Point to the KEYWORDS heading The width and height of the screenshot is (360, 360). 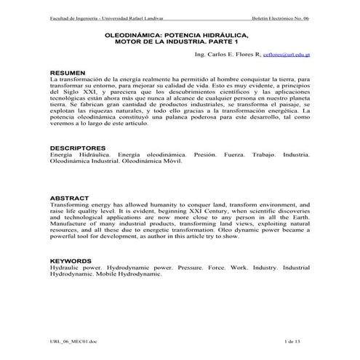pyautogui.click(x=71, y=260)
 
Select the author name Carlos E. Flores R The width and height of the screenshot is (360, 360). pyautogui.click(x=228, y=55)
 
